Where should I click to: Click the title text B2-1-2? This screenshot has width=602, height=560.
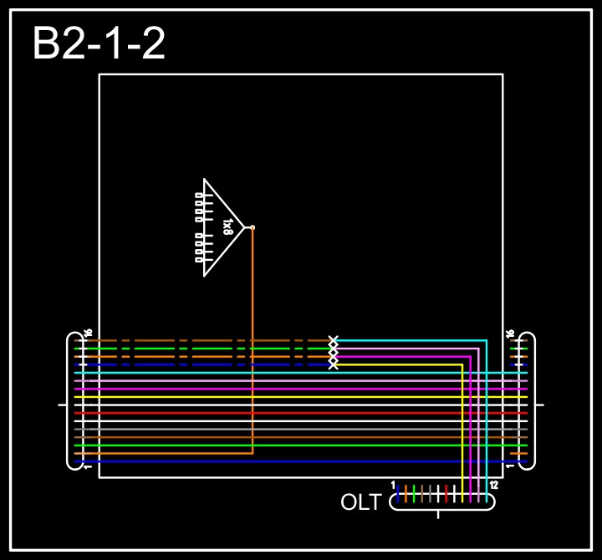pos(99,44)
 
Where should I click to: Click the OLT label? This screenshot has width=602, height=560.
pos(360,502)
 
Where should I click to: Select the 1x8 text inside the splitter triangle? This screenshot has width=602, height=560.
pos(227,227)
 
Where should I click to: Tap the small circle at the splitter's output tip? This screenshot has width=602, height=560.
pos(253,227)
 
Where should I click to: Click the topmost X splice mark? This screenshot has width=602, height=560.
pos(334,341)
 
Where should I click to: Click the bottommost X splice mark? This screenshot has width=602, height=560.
pos(334,364)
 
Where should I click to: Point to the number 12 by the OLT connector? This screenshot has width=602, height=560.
pos(493,486)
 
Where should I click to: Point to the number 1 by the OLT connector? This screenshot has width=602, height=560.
pos(393,485)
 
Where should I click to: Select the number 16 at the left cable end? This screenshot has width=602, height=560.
pos(88,333)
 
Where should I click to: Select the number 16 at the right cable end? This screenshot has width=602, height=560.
pos(510,333)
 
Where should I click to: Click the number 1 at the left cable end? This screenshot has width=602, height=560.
pos(88,466)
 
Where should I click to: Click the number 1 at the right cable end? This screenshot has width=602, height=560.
pos(510,466)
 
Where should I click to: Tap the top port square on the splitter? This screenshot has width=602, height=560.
pos(198,196)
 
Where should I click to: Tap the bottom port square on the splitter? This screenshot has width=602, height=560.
pos(198,259)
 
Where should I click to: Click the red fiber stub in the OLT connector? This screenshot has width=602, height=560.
pos(446,493)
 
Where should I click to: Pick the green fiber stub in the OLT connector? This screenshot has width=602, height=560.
pos(414,493)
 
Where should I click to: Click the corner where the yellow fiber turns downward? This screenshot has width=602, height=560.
pos(462,365)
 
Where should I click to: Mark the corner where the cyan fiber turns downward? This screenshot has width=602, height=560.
pos(487,341)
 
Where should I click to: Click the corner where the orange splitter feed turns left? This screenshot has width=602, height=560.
pos(253,453)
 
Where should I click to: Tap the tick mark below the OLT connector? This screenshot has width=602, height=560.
pos(438,514)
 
